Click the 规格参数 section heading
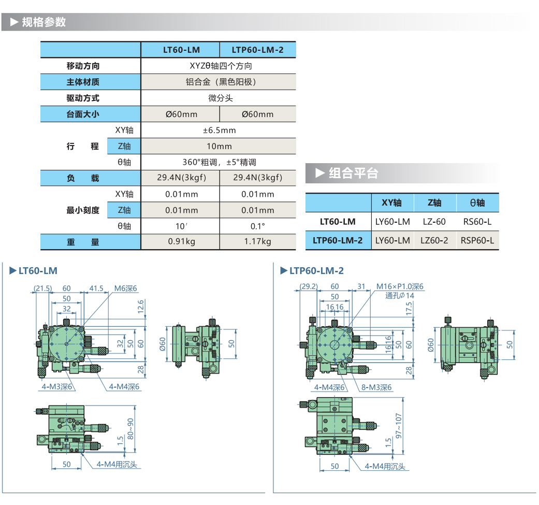pyautogui.click(x=44, y=22)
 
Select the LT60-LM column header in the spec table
pyautogui.click(x=181, y=50)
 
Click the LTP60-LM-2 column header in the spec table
pyautogui.click(x=258, y=50)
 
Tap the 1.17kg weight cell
pyautogui.click(x=258, y=241)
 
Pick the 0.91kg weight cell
pyautogui.click(x=181, y=241)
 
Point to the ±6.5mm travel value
pyautogui.click(x=219, y=130)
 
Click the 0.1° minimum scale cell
pyautogui.click(x=258, y=226)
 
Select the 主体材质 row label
pyautogui.click(x=83, y=82)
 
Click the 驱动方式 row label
pyautogui.click(x=83, y=98)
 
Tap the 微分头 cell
pyautogui.click(x=219, y=98)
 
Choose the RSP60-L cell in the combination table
pyautogui.click(x=477, y=240)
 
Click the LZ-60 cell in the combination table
pyautogui.click(x=434, y=222)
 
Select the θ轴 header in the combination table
pyautogui.click(x=477, y=203)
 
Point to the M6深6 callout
pyautogui.click(x=125, y=288)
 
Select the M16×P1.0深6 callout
pyautogui.click(x=400, y=286)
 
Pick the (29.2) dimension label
pyautogui.click(x=309, y=286)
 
